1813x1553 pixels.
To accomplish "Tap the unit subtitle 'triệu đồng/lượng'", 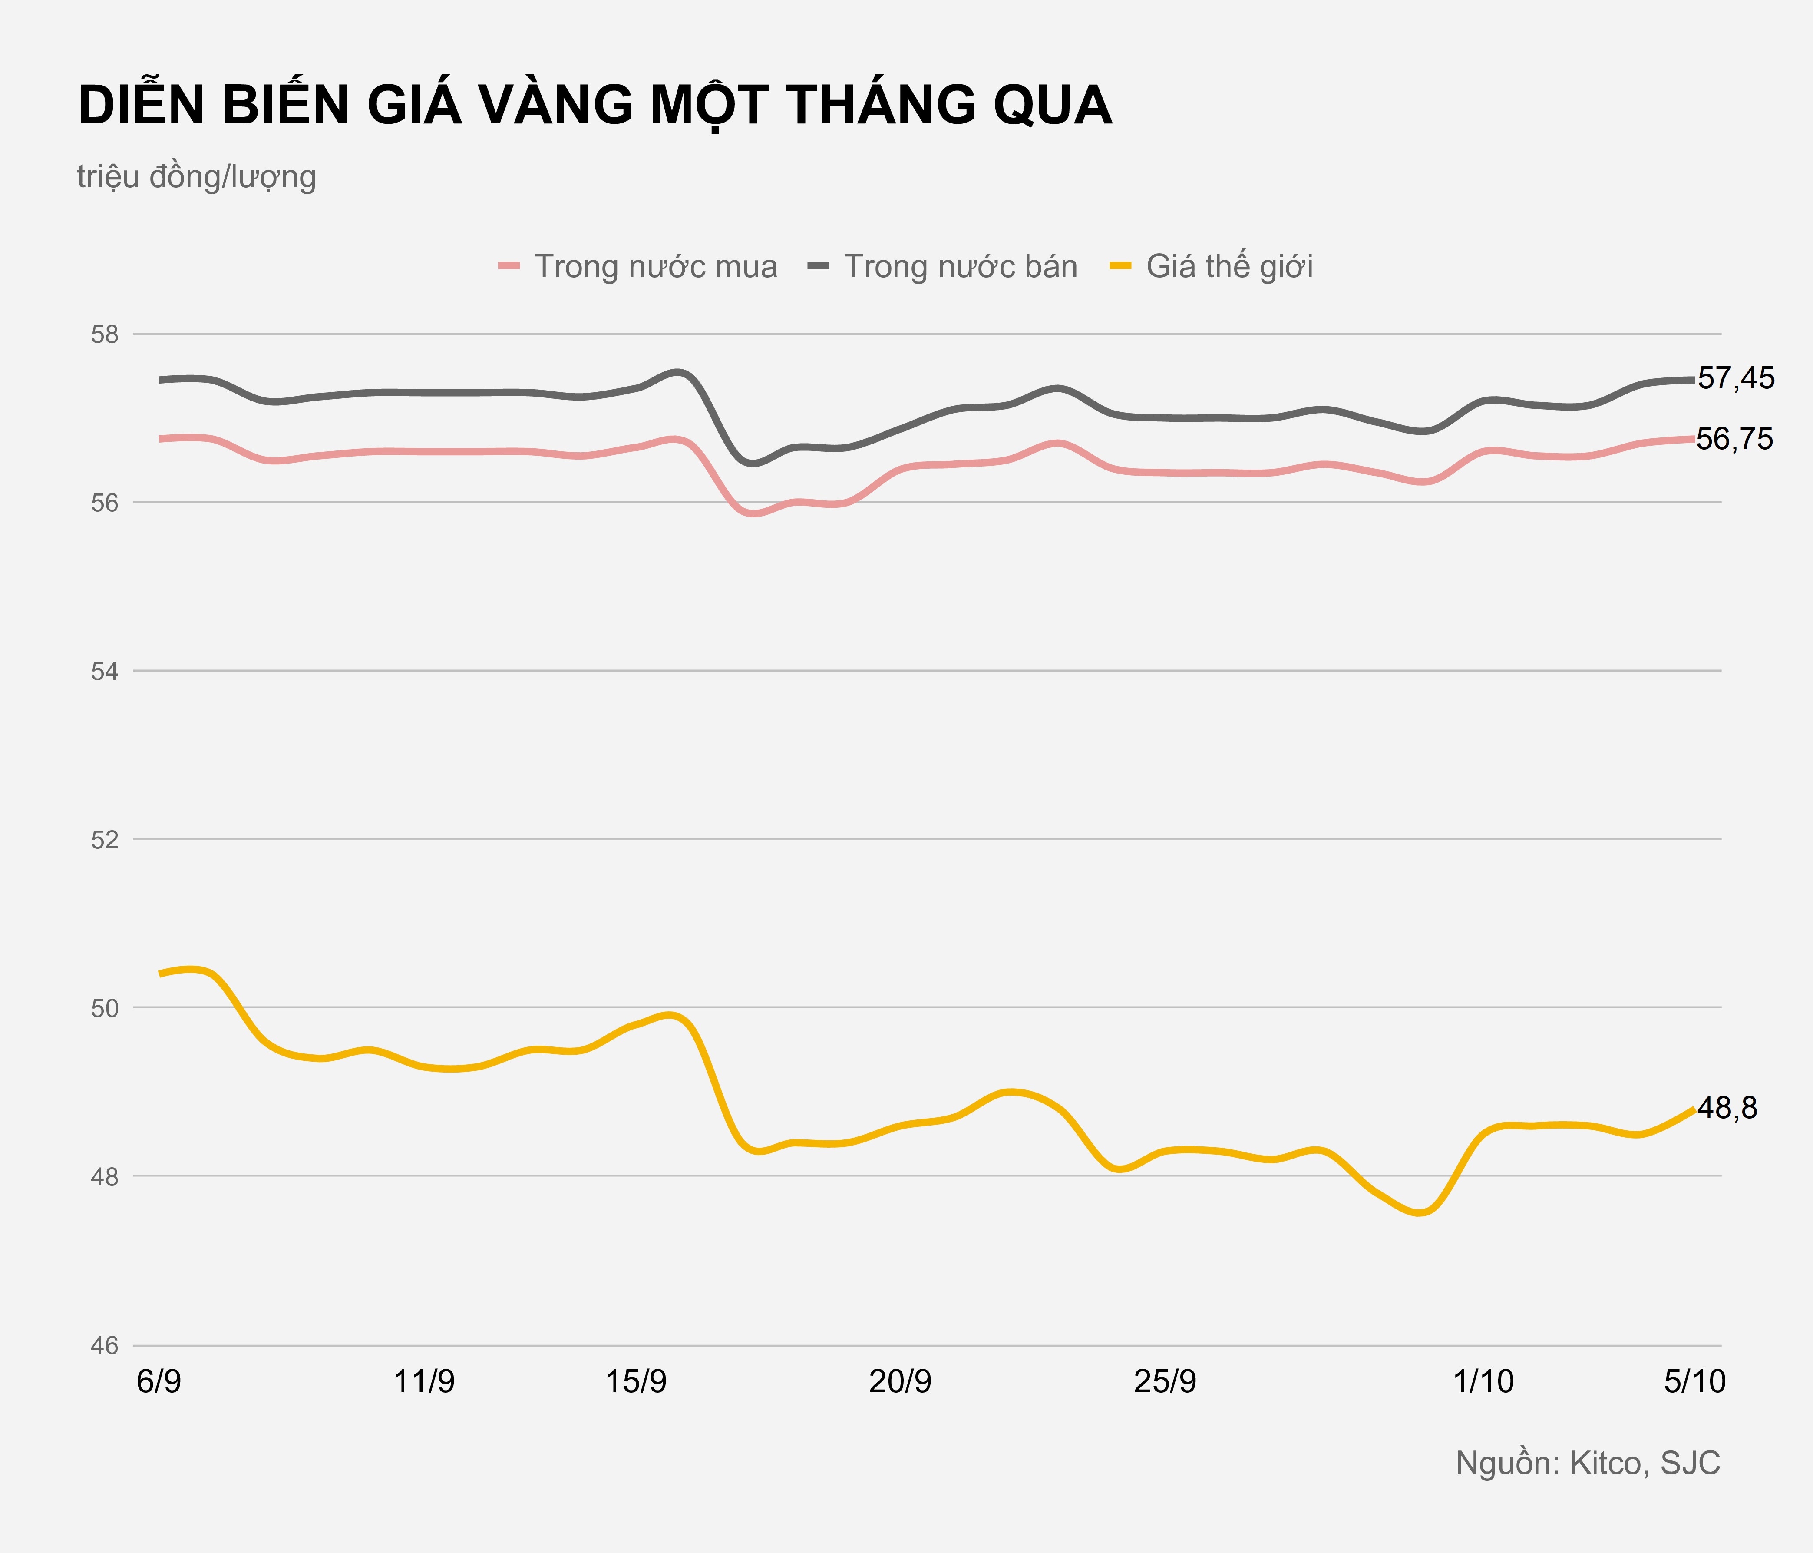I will coord(196,177).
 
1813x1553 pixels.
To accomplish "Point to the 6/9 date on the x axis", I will coord(159,1381).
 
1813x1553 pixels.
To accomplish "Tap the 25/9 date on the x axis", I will coord(1165,1381).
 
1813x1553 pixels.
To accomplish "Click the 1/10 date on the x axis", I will coord(1483,1381).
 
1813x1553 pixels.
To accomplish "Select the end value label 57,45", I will coord(1736,378).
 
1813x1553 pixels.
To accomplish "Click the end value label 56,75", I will coord(1735,440).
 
